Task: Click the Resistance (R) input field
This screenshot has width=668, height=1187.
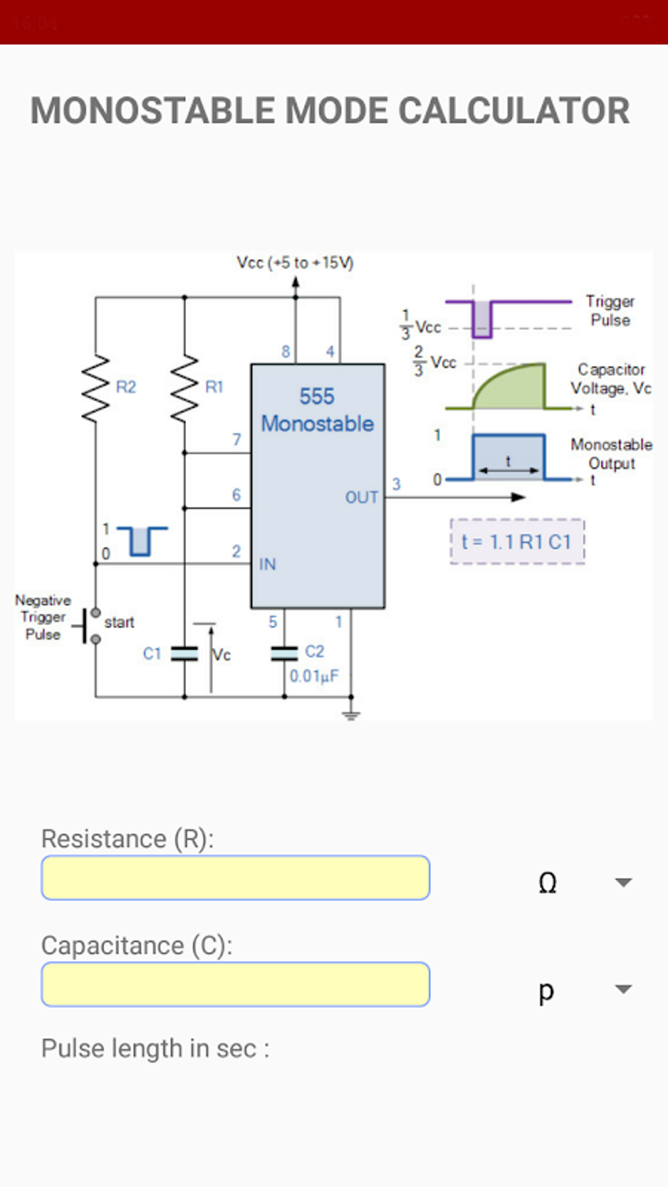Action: (x=236, y=877)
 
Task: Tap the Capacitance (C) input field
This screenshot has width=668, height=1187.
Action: (x=236, y=984)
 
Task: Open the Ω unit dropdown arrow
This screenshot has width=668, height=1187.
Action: (x=623, y=883)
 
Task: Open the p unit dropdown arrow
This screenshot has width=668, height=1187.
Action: (x=623, y=989)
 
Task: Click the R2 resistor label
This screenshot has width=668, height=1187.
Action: (x=126, y=387)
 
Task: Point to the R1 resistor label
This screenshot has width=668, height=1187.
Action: (x=214, y=387)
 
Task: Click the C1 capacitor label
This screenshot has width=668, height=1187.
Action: (x=152, y=653)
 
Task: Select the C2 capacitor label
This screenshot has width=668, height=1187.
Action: (x=314, y=651)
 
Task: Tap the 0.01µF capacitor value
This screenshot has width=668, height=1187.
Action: (x=314, y=676)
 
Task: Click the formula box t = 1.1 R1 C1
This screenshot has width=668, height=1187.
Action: (x=517, y=541)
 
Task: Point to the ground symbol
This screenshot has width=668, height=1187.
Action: (x=351, y=714)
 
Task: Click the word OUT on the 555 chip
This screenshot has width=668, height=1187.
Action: (x=362, y=498)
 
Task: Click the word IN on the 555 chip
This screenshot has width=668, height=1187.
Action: (x=267, y=564)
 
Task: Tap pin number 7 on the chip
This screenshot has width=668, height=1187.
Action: (x=236, y=439)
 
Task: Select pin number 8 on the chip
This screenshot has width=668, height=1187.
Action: (x=286, y=352)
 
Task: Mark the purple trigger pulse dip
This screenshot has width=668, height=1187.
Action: (x=482, y=320)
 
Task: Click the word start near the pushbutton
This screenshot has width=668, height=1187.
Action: (x=119, y=622)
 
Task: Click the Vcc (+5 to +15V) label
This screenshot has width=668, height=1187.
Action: (x=295, y=263)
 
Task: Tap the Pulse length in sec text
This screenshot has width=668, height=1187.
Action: (x=155, y=1048)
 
